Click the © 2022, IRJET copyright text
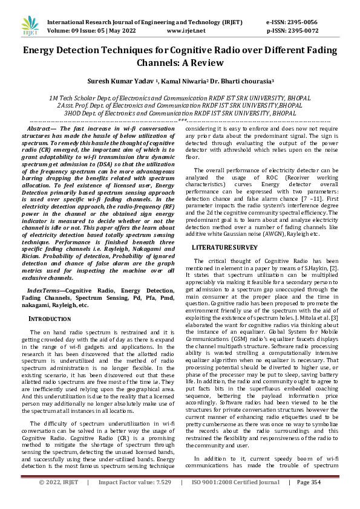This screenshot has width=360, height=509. (59, 499)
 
